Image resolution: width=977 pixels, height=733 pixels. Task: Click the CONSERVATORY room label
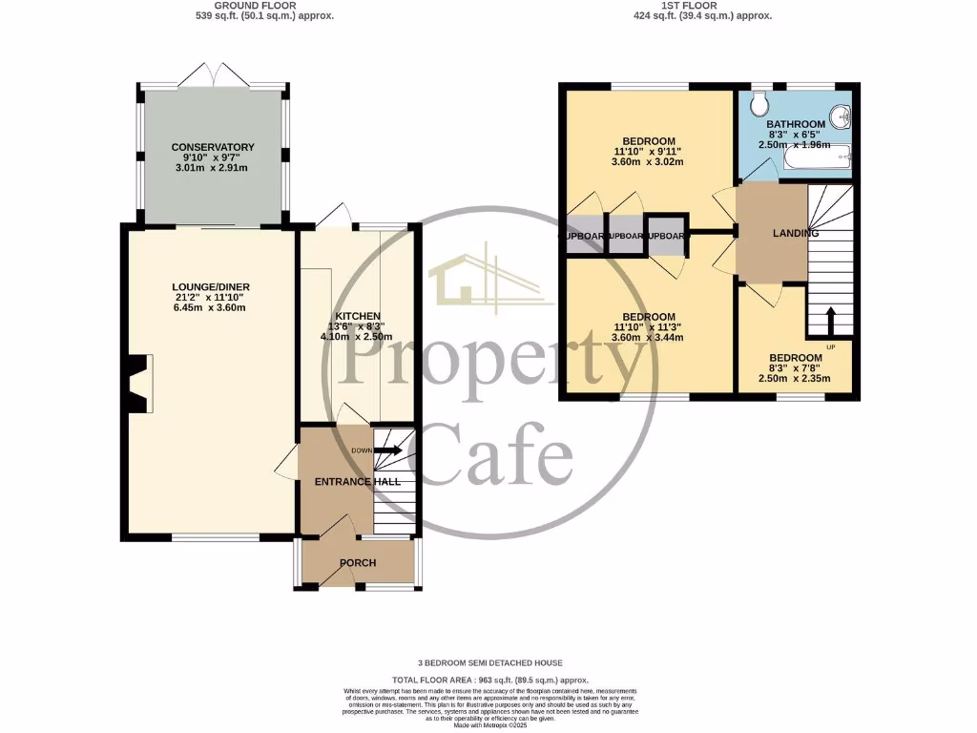tap(213, 147)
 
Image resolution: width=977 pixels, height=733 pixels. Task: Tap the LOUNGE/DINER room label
tap(211, 286)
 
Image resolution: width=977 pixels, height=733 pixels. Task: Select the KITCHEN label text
tap(358, 316)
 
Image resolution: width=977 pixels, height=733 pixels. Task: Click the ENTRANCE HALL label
tap(358, 482)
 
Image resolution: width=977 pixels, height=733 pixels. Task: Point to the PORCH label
tap(358, 562)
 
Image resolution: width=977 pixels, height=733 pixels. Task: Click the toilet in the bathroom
tap(760, 103)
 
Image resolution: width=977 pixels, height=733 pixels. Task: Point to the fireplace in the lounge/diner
tap(139, 383)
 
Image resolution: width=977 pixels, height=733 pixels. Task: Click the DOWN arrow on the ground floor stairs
tap(387, 451)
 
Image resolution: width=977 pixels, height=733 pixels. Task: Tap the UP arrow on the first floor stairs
tap(829, 320)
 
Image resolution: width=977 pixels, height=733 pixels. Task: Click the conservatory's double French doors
tap(213, 75)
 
